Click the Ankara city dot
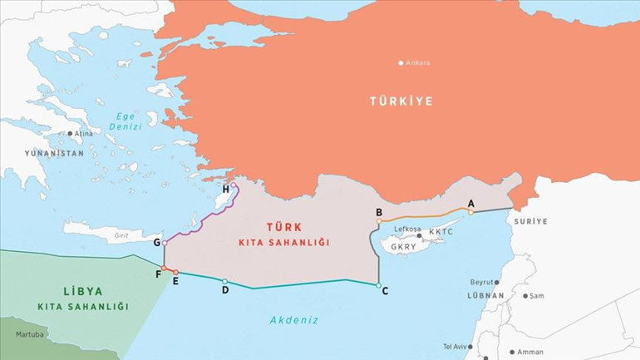tap(401, 62)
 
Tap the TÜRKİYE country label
tap(401, 101)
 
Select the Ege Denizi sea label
tap(125, 121)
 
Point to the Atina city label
tap(84, 133)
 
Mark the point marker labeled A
tap(470, 212)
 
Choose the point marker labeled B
tap(379, 221)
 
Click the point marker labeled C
tap(378, 285)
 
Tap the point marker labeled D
tap(224, 281)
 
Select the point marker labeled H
tap(233, 187)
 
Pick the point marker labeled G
tap(165, 243)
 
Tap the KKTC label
tap(442, 231)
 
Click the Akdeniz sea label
tap(293, 319)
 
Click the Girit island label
tap(120, 236)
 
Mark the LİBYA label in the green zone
tap(82, 292)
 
